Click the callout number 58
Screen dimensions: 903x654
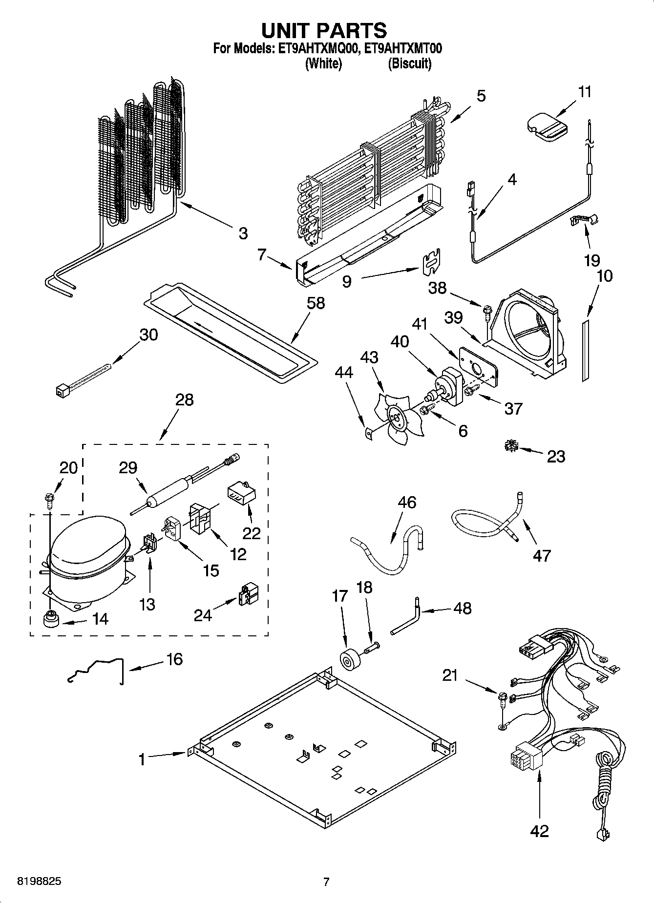316,303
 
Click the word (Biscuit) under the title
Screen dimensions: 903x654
409,63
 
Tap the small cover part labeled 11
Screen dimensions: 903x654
548,125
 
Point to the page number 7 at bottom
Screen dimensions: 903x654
326,882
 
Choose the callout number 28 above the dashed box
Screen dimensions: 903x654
184,400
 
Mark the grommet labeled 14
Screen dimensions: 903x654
51,620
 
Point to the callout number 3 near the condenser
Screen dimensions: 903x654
243,233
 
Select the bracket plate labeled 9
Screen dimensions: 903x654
430,262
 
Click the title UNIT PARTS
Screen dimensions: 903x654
324,30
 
